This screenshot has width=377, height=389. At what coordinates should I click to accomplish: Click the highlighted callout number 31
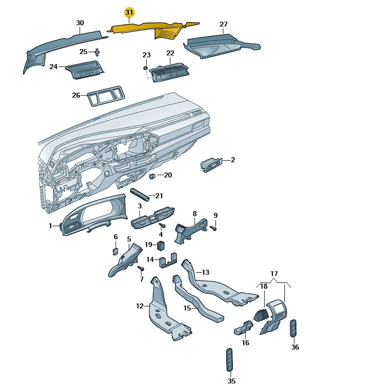pos(130,12)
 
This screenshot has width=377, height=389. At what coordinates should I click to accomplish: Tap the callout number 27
pos(223,24)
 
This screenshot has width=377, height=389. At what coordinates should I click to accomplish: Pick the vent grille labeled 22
pos(168,73)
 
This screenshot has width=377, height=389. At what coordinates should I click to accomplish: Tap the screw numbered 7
pos(140,269)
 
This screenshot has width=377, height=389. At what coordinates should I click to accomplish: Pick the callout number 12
pos(140,305)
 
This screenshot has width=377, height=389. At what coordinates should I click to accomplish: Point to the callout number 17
pos(274,273)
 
